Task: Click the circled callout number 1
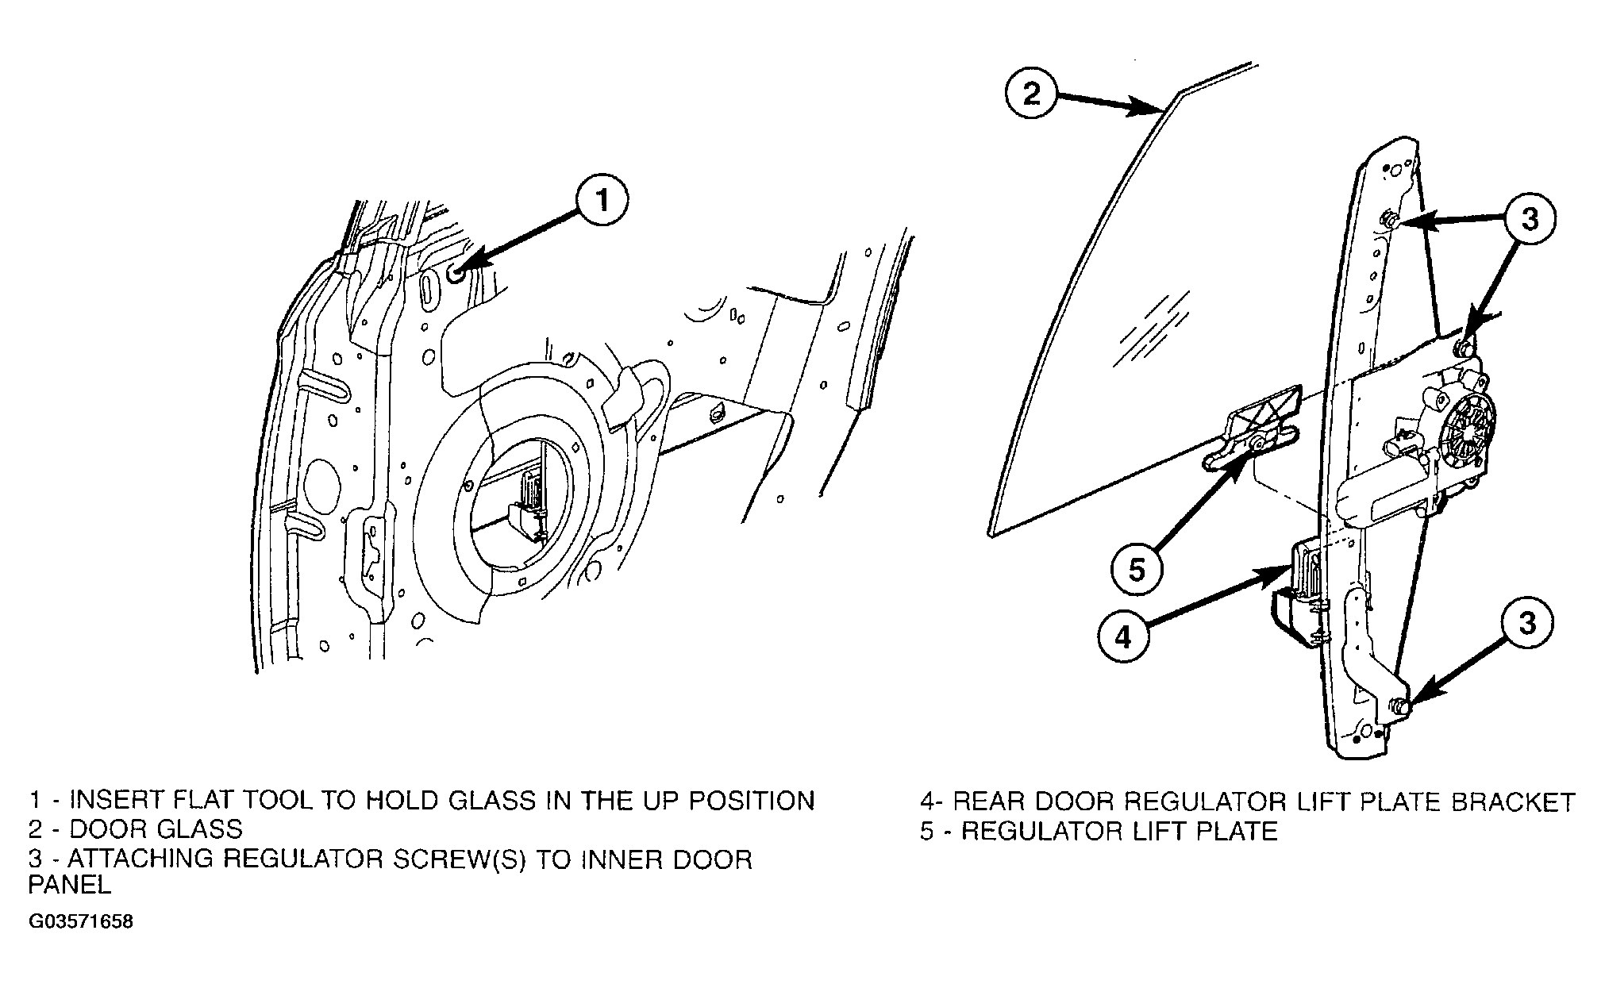pos(602,202)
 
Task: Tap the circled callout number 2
pos(1031,95)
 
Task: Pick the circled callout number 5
pos(1137,569)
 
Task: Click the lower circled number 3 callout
pos(1528,625)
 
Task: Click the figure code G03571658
pos(81,922)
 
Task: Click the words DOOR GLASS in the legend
pos(156,829)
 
